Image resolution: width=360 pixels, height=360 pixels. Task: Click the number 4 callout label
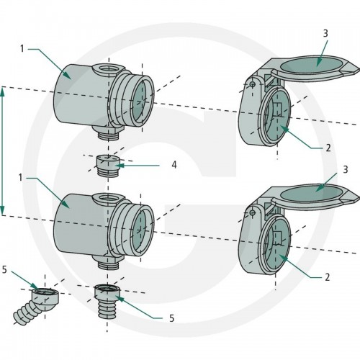click(x=174, y=165)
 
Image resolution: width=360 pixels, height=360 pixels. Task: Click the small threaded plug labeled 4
click(x=108, y=165)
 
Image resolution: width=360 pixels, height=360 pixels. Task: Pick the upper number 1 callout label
click(x=22, y=49)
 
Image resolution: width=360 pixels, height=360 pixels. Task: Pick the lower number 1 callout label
click(x=21, y=178)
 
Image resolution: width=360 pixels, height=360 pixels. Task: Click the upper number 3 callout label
click(x=325, y=33)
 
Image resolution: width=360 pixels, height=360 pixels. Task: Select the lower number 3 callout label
click(x=345, y=169)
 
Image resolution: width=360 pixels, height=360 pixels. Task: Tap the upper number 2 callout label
click(x=328, y=148)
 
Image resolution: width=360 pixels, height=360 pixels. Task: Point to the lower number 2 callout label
click(x=328, y=277)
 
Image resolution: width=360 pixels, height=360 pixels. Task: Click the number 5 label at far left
click(x=4, y=270)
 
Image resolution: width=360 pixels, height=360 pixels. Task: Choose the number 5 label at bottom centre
click(x=171, y=318)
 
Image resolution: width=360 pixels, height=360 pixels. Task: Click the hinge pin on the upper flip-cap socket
click(x=252, y=84)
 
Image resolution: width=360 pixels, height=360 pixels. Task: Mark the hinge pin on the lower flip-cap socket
click(x=252, y=212)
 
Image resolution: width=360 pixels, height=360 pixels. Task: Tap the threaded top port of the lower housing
click(x=108, y=198)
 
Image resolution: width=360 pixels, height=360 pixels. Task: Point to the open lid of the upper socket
click(x=312, y=68)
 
